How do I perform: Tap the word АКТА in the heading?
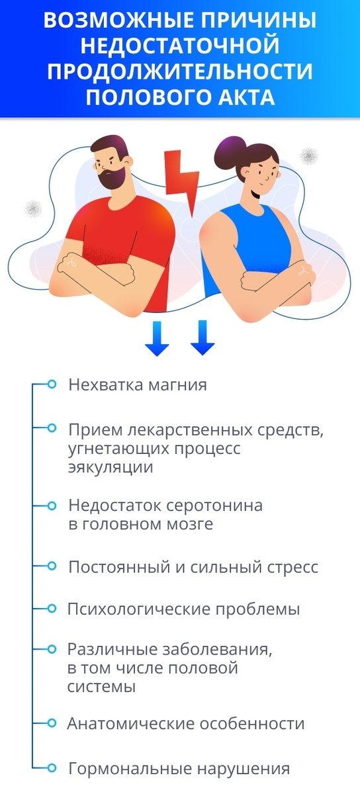tap(241, 97)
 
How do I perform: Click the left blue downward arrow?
tap(157, 337)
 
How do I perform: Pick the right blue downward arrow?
tap(202, 337)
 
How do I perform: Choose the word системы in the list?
tap(101, 687)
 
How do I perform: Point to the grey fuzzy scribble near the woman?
tap(308, 156)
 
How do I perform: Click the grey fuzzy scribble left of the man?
tap(31, 210)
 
